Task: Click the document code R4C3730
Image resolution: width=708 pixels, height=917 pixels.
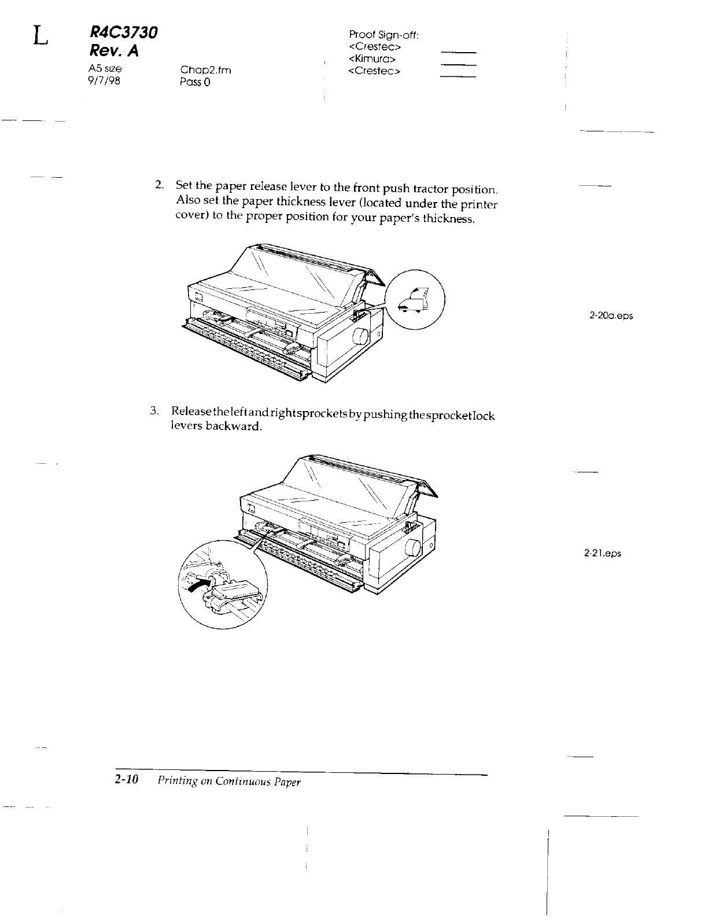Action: coord(123,33)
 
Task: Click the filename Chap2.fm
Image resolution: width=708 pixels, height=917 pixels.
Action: coord(205,71)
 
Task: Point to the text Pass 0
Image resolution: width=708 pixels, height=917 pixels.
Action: coord(196,82)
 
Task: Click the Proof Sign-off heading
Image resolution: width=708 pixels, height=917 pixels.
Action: coord(384,35)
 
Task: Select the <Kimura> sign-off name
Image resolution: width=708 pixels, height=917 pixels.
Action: coord(373,59)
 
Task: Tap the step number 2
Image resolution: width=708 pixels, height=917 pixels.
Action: coord(158,185)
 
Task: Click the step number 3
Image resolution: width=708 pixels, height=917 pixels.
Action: coord(153,411)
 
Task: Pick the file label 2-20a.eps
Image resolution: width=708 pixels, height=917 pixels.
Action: coord(611,316)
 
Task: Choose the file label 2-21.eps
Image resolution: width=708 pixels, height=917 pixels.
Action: coord(602,553)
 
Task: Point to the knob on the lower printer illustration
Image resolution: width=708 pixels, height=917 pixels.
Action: coord(413,548)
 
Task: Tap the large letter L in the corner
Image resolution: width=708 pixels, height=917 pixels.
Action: coord(39,36)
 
